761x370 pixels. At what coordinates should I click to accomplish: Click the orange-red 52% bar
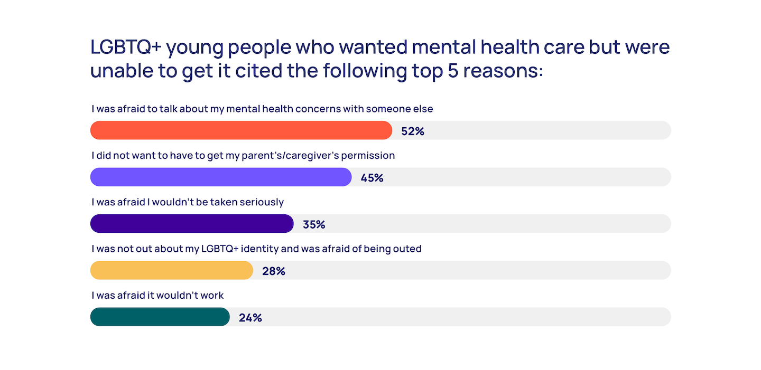[241, 130]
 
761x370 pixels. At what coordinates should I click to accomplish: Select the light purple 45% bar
[221, 177]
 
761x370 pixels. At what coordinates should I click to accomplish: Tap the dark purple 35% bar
[192, 223]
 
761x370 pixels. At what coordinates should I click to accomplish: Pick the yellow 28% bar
[172, 270]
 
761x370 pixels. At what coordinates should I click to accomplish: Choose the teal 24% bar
[160, 317]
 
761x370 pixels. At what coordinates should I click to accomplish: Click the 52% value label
[413, 131]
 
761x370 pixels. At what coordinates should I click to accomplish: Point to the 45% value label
[372, 178]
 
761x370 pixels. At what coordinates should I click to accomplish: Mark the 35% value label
[314, 224]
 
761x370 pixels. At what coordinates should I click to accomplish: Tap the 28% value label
[274, 271]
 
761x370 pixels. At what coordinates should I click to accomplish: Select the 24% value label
[250, 318]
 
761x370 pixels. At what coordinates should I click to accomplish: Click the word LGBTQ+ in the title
[125, 48]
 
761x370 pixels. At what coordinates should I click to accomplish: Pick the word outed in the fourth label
[408, 249]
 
